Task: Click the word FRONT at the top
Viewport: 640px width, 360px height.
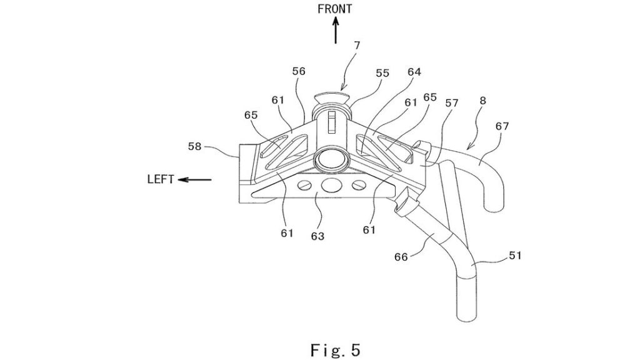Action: [335, 9]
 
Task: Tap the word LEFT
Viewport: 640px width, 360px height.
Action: [161, 179]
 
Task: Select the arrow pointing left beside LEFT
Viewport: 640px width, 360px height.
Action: [195, 179]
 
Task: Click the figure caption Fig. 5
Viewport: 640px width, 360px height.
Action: [336, 350]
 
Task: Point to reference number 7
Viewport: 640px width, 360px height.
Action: [357, 45]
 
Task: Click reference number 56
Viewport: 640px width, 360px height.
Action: [299, 71]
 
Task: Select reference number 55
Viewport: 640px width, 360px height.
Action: [382, 73]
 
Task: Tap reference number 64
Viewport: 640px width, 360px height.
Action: [414, 72]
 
